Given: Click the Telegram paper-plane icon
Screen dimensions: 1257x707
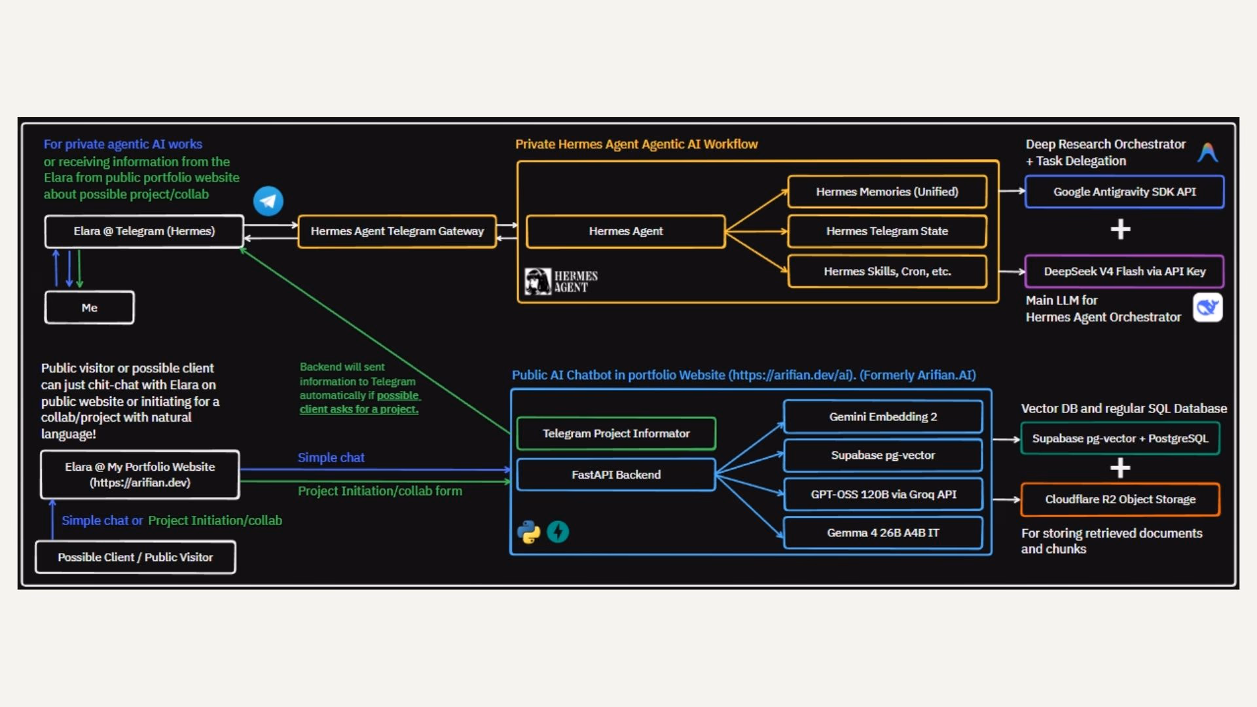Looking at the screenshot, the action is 268,201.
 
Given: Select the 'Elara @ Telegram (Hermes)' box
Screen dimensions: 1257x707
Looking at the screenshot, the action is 144,231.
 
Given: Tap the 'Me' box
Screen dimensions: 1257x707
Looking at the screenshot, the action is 90,308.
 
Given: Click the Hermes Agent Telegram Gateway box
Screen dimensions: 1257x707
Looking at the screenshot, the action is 397,231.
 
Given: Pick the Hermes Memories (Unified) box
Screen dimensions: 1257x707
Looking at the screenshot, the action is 887,192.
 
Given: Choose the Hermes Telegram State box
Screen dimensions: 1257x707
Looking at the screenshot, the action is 887,231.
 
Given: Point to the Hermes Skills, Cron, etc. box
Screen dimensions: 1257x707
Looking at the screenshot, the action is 887,272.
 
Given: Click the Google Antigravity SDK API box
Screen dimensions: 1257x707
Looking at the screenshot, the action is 1124,192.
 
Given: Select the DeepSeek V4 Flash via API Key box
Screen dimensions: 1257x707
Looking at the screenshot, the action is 1124,272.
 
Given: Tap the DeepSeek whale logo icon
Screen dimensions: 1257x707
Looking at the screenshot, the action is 1208,307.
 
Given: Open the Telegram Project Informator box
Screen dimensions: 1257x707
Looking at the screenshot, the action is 616,433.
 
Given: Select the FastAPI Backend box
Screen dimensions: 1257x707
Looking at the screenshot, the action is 616,475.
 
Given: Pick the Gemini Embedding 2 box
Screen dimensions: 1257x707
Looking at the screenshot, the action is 883,417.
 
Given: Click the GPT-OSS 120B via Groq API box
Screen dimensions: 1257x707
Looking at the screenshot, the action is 883,494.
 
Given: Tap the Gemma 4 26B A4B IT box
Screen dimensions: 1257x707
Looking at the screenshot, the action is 883,533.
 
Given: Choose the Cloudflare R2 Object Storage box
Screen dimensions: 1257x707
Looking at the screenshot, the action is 1120,499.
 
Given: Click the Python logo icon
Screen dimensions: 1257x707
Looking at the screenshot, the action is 529,532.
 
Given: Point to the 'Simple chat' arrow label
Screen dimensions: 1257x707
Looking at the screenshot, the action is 331,458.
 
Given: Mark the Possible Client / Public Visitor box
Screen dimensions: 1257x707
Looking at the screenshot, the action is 136,557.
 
